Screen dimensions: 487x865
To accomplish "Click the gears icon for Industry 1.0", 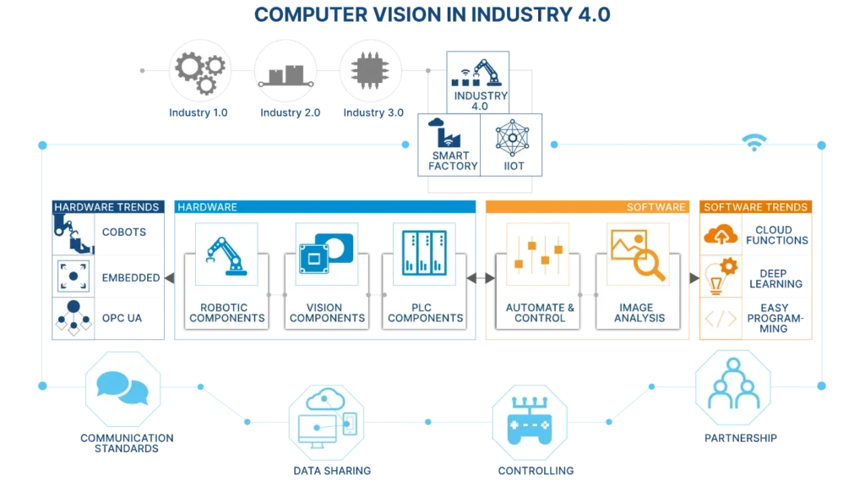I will [199, 70].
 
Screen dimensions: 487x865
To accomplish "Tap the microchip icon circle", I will [368, 70].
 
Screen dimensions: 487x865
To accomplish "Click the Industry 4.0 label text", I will [481, 101].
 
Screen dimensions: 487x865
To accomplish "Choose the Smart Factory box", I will [448, 145].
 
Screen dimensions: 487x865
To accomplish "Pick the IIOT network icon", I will [514, 137].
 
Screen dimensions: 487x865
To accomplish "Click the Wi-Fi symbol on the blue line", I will [753, 145].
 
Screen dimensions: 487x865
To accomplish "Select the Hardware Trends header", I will [106, 206].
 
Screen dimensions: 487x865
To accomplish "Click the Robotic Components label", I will [227, 313].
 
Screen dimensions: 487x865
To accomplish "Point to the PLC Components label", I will [425, 313].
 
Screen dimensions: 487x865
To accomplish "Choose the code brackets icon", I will [721, 319].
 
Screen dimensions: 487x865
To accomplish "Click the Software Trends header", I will [755, 206].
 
